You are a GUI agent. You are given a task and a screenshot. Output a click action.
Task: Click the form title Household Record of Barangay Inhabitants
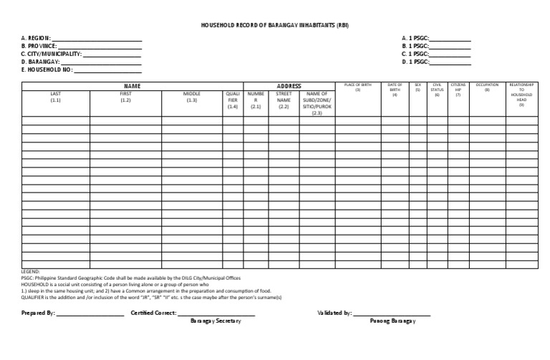click(x=275, y=25)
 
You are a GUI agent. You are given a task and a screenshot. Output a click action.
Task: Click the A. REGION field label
click(x=36, y=38)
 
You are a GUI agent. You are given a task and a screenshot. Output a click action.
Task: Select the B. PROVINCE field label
click(x=39, y=46)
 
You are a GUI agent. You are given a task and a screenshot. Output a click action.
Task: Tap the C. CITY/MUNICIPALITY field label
click(x=52, y=54)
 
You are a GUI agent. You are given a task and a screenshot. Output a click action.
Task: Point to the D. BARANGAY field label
click(x=39, y=62)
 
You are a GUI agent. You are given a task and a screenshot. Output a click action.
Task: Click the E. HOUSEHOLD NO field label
click(x=47, y=70)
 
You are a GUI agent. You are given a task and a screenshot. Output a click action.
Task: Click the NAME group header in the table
click(x=132, y=86)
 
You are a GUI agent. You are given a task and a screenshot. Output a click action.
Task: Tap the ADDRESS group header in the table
click(x=289, y=86)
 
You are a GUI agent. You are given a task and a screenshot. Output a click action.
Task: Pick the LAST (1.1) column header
click(x=56, y=97)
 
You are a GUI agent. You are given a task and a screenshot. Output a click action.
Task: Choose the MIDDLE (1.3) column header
click(x=191, y=97)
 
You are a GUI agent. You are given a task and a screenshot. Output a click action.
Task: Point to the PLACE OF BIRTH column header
click(x=357, y=87)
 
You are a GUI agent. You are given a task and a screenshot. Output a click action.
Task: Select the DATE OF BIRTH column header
click(x=394, y=89)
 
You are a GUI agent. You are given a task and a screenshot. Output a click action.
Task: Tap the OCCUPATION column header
click(x=487, y=87)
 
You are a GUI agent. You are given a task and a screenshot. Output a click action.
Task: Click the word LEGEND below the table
click(x=32, y=273)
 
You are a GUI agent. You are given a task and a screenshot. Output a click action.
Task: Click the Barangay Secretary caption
click(x=216, y=321)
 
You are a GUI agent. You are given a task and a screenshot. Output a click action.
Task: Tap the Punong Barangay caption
click(x=392, y=321)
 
